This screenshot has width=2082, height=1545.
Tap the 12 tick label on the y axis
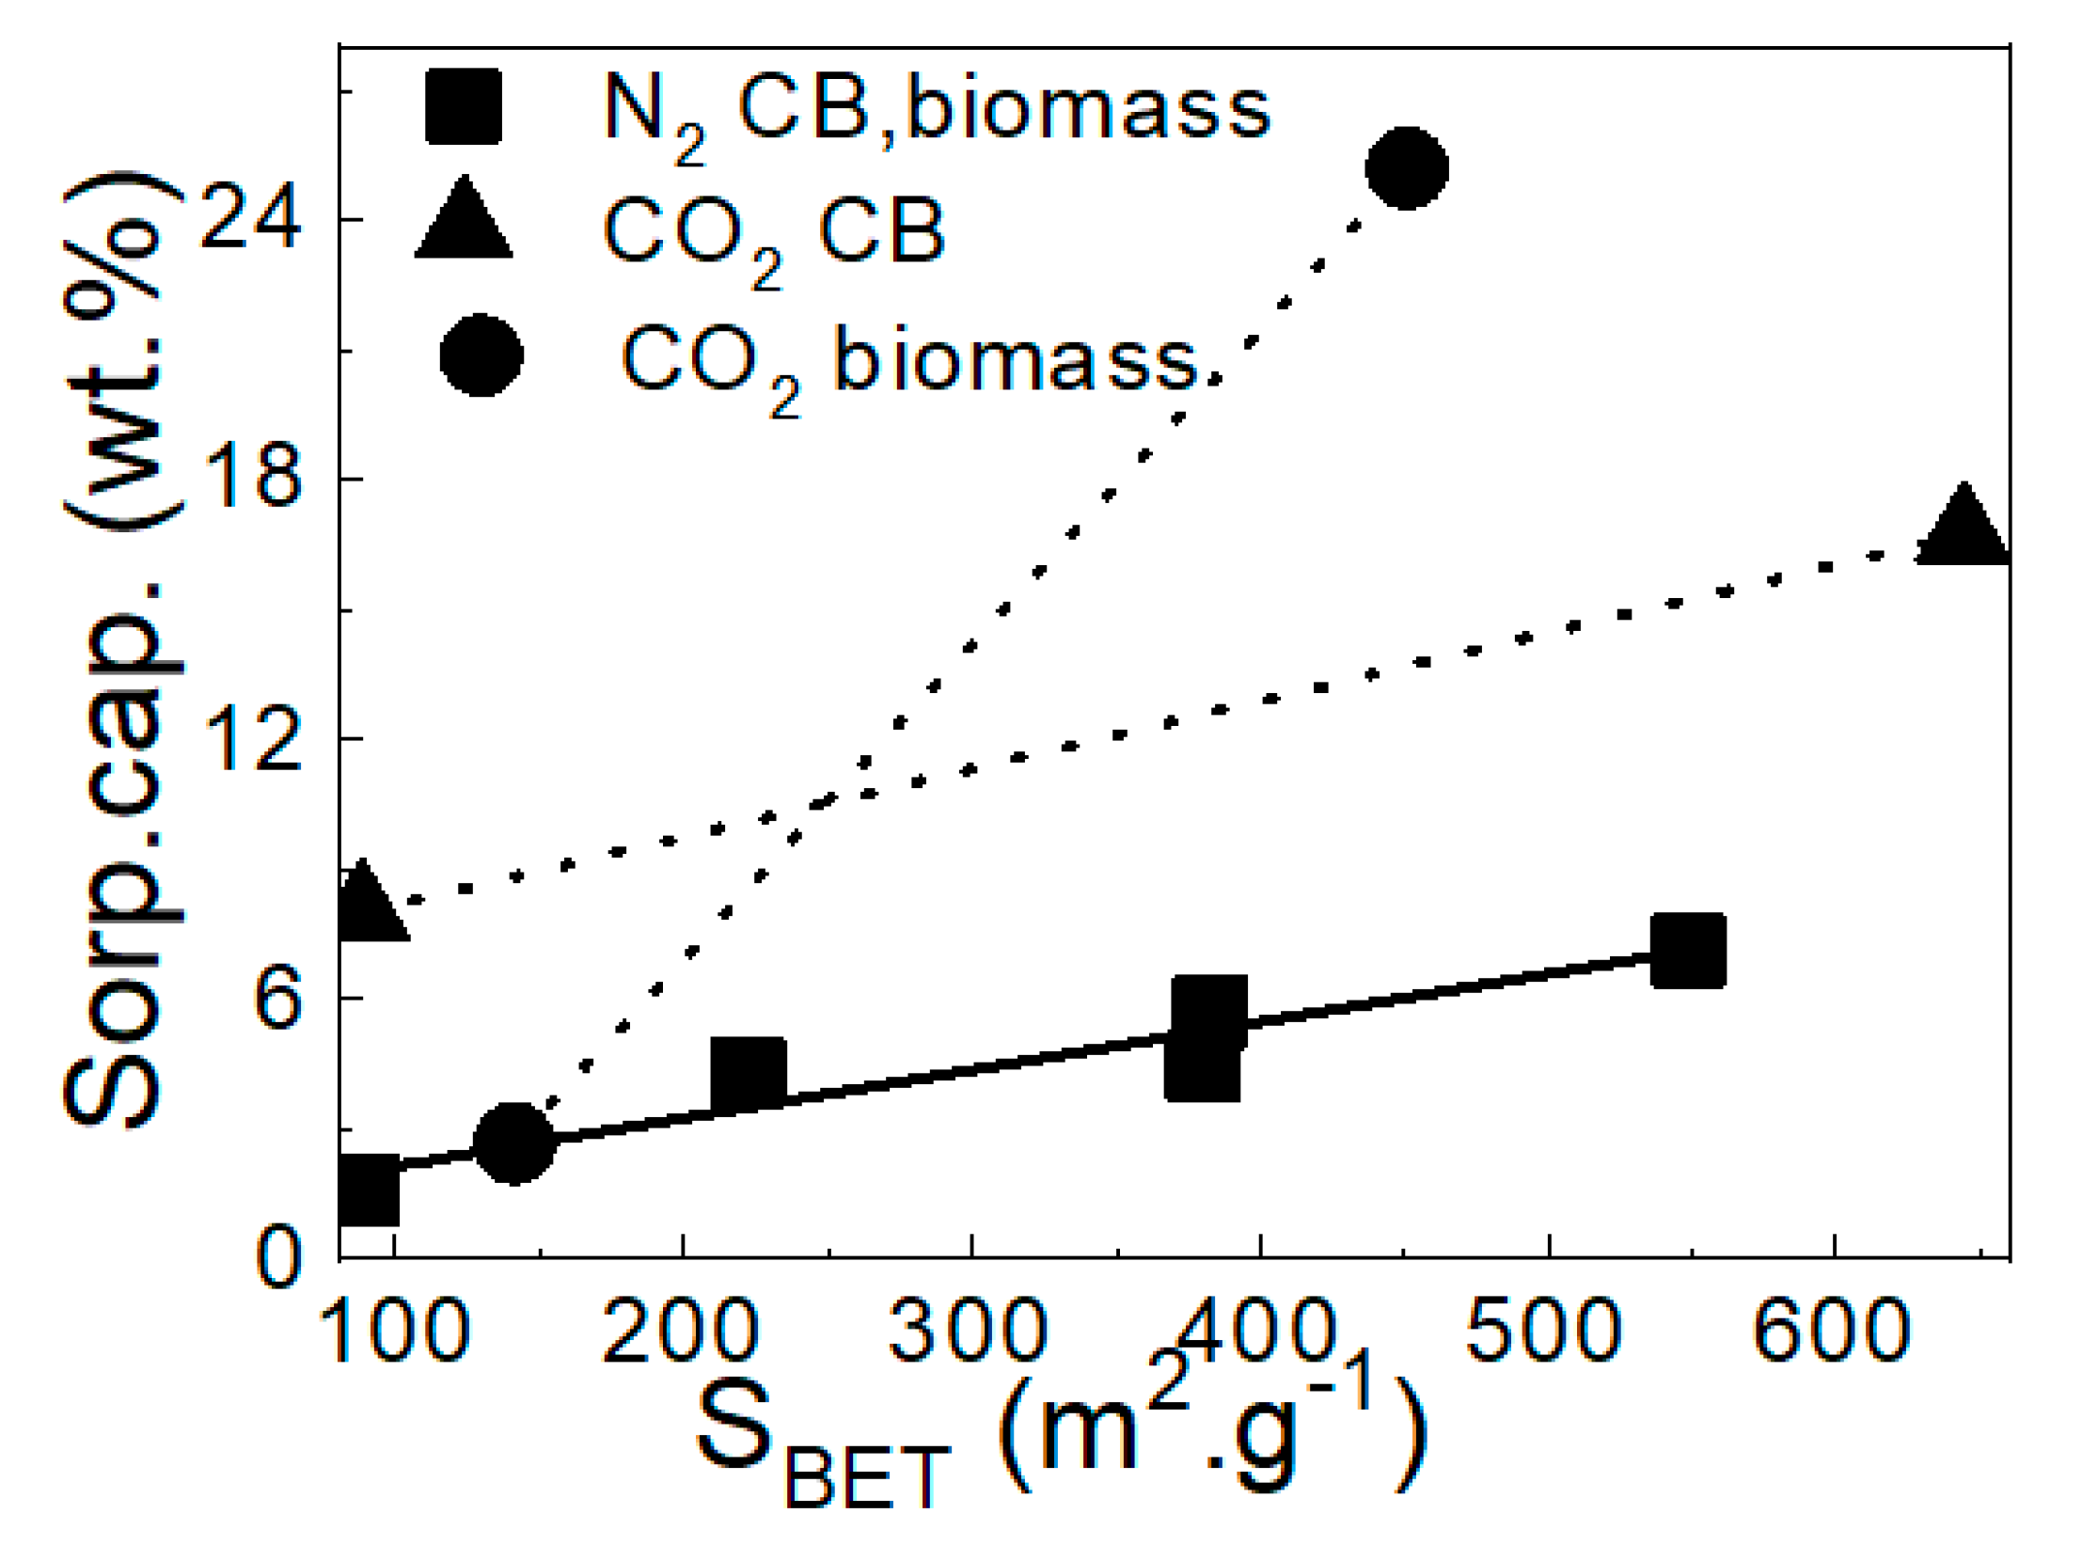[251, 739]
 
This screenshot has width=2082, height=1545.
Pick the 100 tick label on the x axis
[394, 1332]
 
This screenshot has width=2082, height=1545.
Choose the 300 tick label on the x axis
[968, 1332]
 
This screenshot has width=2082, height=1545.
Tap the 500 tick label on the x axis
[1543, 1332]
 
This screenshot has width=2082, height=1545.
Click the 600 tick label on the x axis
[1832, 1332]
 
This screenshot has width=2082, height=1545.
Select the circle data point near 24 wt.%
[1406, 168]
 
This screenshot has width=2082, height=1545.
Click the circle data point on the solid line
[514, 1143]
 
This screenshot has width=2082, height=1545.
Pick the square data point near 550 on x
[1688, 950]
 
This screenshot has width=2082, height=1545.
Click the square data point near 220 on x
[749, 1074]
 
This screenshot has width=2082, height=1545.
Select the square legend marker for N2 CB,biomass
[463, 106]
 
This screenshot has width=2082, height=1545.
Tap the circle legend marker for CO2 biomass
[481, 356]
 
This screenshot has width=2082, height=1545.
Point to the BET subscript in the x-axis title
[867, 1477]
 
